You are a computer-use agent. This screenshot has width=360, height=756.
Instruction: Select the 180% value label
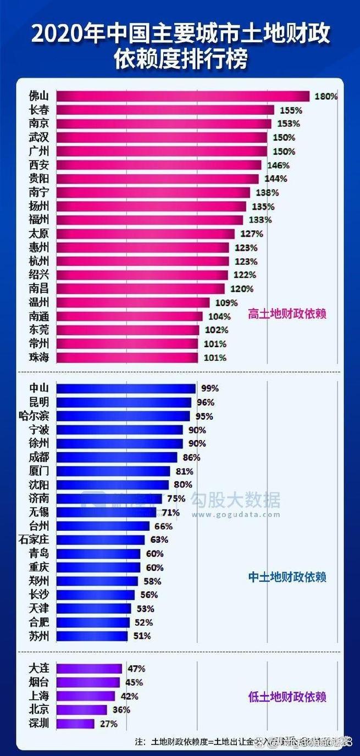326,96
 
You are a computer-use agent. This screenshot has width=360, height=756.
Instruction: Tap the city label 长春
39,110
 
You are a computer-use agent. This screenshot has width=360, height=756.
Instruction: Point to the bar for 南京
164,124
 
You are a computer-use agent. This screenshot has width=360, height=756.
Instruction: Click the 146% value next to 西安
278,165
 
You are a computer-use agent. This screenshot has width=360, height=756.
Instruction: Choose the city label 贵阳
39,179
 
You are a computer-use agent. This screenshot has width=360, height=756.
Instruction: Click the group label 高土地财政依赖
287,314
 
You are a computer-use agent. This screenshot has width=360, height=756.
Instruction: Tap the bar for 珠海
127,358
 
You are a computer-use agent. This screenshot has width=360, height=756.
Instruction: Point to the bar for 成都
117,457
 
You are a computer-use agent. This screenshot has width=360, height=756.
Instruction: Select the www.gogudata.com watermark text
236,515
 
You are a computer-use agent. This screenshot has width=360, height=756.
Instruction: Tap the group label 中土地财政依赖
287,577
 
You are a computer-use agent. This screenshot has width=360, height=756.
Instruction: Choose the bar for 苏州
92,636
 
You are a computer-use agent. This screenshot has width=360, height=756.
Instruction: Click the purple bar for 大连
89,669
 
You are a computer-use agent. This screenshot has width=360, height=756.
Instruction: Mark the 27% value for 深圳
108,724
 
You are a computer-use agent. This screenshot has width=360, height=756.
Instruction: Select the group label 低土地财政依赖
287,697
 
